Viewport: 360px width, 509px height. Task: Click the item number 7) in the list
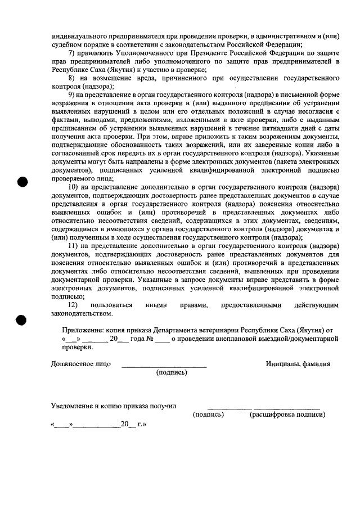71,53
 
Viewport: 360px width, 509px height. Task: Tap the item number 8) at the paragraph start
71,78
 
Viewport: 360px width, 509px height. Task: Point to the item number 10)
74,187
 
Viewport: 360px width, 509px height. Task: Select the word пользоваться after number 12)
115,304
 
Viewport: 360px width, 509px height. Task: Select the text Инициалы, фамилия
298,364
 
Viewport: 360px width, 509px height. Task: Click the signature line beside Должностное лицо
164,366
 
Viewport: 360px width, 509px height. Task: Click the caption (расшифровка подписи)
287,415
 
